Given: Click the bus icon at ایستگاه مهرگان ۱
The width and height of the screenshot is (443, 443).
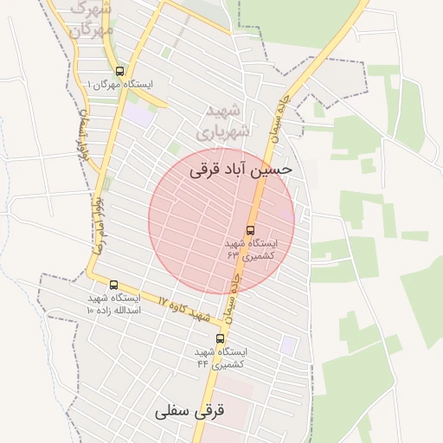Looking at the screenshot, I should [x=119, y=71].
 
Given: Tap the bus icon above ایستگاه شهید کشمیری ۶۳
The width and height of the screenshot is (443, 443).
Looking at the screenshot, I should [x=250, y=231].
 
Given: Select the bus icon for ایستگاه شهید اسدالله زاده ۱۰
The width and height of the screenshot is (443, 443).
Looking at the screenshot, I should [x=113, y=285].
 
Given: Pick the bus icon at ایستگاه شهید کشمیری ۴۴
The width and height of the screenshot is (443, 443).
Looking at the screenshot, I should [x=220, y=338].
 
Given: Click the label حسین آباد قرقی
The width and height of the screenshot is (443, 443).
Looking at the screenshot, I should [x=241, y=171].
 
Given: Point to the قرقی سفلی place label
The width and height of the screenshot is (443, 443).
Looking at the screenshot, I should [x=189, y=411].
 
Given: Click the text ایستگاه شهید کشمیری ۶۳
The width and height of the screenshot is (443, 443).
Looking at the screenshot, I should [x=250, y=250].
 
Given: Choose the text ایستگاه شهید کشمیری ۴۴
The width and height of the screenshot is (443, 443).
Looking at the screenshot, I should [x=220, y=357].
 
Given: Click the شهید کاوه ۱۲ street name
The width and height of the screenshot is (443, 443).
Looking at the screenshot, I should [x=184, y=309].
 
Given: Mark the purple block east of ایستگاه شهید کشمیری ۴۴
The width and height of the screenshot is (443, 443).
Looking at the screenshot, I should [x=288, y=345].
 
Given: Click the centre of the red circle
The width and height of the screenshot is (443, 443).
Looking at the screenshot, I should [x=221, y=221].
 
